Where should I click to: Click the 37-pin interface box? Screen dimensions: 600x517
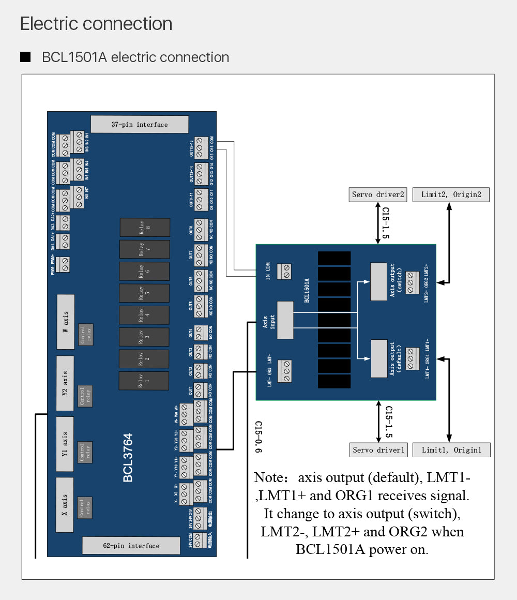pyautogui.click(x=140, y=125)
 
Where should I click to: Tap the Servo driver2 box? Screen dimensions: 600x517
pyautogui.click(x=378, y=195)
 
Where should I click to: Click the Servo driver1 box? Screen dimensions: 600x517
pyautogui.click(x=378, y=450)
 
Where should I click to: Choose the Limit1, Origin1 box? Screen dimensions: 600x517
pyautogui.click(x=451, y=450)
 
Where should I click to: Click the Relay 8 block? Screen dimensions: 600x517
pyautogui.click(x=145, y=228)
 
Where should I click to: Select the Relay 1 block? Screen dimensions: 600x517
pyautogui.click(x=144, y=381)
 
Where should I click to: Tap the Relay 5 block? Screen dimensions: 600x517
pyautogui.click(x=144, y=293)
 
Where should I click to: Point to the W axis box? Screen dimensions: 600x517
pyautogui.click(x=65, y=321)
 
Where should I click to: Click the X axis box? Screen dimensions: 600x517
pyautogui.click(x=65, y=505)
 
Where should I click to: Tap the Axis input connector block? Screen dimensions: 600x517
pyautogui.click(x=285, y=320)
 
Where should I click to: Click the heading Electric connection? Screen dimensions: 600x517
pyautogui.click(x=96, y=24)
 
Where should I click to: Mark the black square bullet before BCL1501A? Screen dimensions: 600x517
pyautogui.click(x=25, y=57)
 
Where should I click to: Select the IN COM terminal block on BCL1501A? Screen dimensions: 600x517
pyautogui.click(x=284, y=272)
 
